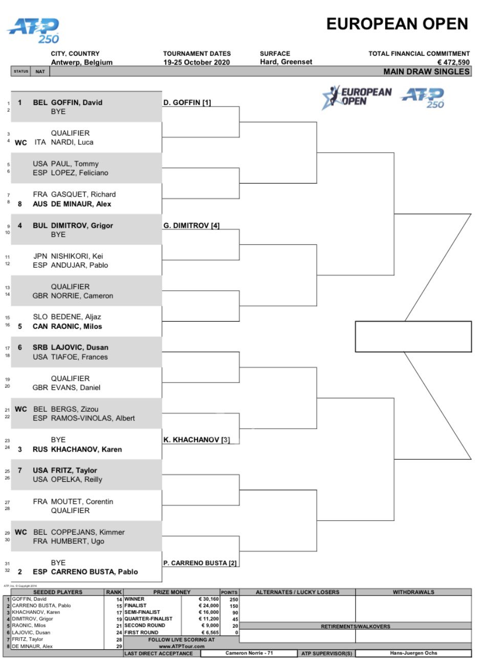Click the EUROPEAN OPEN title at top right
click(397, 24)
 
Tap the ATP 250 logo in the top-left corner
click(33, 31)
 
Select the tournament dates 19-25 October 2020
click(196, 62)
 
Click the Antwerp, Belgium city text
click(81, 62)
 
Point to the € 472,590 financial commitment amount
click(453, 62)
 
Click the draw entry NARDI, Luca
click(72, 142)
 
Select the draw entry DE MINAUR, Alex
click(81, 204)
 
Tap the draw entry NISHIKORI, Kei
click(77, 256)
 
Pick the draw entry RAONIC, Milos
click(76, 326)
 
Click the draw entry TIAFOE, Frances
click(79, 357)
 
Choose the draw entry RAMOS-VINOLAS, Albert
click(93, 418)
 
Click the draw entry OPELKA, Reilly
click(77, 479)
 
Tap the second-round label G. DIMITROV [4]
click(191, 226)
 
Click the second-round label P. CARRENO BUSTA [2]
click(200, 563)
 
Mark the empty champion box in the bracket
click(413, 336)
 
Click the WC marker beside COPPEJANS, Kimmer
click(20, 532)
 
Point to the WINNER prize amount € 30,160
click(209, 599)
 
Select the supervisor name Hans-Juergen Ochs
click(413, 653)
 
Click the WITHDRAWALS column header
click(413, 592)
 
